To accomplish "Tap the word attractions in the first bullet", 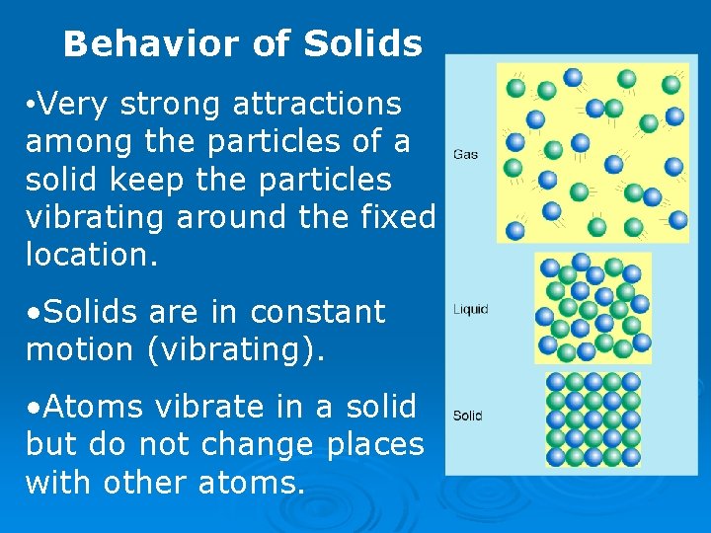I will pos(317,104).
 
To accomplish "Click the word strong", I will pos(175,104).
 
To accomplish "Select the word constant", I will pos(317,312).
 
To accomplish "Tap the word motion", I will pos(80,349).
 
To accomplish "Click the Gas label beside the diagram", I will pos(466,154).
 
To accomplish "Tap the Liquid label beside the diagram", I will pos(471,310).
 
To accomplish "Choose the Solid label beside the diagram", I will pos(467,416).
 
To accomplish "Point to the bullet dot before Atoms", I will pos(34,408).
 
